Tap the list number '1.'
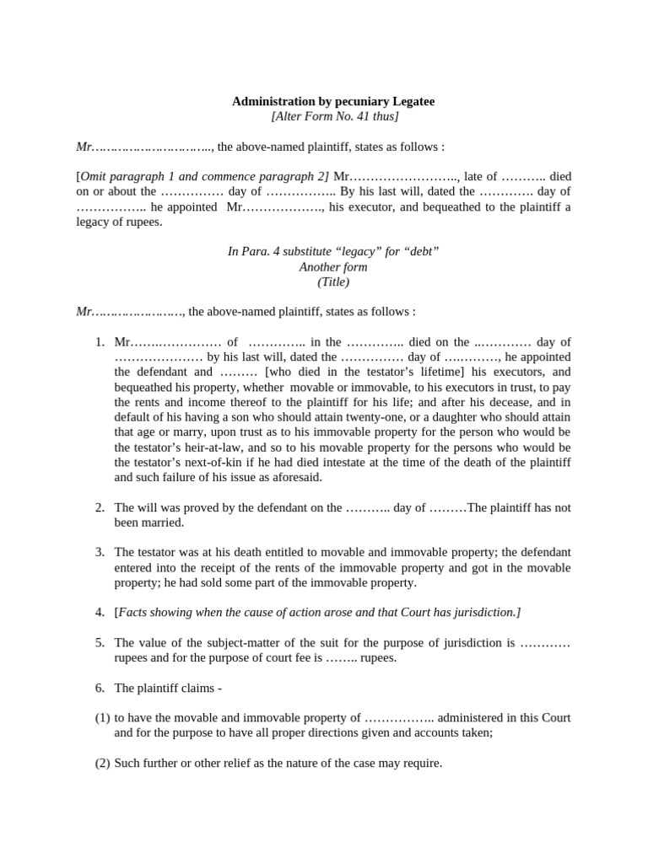(100, 342)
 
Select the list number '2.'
(100, 507)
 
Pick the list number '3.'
(100, 552)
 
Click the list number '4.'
(100, 612)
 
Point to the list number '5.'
(100, 642)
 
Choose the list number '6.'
(100, 688)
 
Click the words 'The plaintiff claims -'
(168, 688)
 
